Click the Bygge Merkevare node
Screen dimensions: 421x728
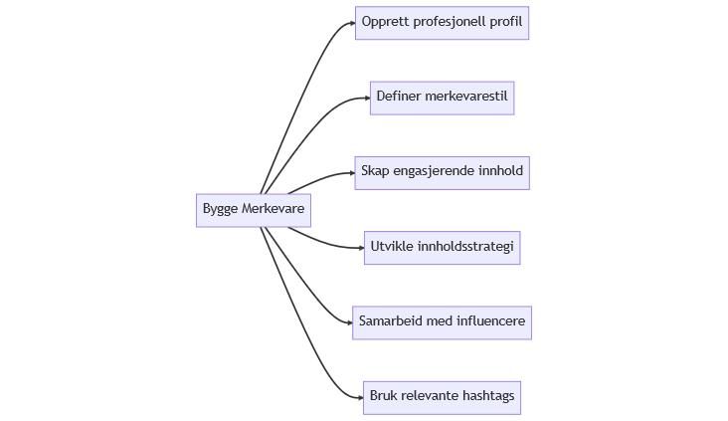(253, 210)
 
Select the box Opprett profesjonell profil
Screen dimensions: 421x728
(442, 23)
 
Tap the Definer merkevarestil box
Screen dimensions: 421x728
(442, 98)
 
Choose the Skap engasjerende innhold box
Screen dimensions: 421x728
(442, 172)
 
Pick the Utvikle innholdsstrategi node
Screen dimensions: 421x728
(442, 247)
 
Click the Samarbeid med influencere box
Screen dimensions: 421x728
(442, 322)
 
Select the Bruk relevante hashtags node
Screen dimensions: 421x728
(442, 397)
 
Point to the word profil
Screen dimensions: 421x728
(506, 22)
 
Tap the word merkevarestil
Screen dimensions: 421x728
(466, 97)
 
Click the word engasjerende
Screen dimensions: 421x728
(436, 171)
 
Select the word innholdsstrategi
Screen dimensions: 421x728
(467, 246)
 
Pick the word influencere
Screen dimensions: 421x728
(490, 321)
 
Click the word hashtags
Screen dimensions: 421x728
(487, 396)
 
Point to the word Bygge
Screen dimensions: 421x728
(221, 209)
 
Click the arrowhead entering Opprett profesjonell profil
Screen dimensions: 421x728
(351, 23)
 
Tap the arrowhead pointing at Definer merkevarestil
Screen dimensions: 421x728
(366, 98)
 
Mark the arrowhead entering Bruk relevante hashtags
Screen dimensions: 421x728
(360, 397)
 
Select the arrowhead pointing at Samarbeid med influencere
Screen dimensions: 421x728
(348, 322)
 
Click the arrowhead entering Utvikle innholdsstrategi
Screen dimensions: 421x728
(360, 247)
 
